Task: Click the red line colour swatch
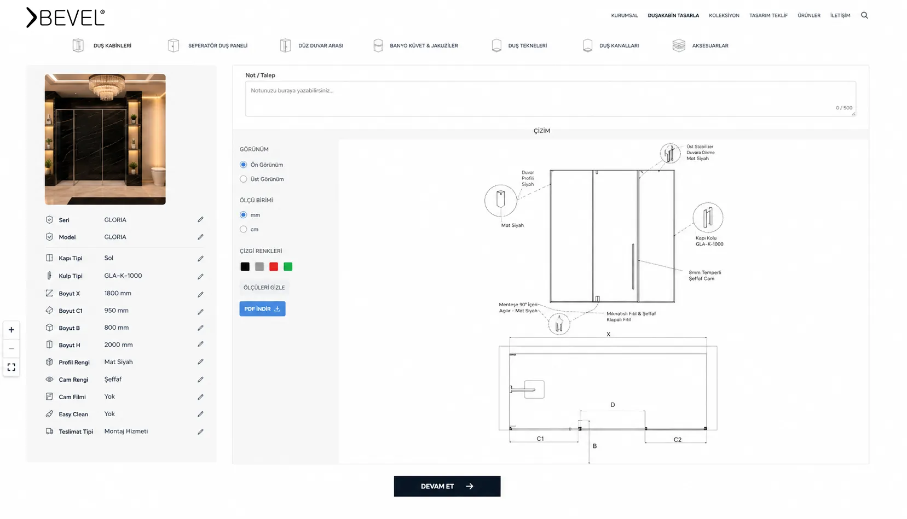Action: (x=274, y=266)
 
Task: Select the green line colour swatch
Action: (x=288, y=266)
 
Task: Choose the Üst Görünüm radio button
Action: (x=244, y=179)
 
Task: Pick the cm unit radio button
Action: (x=244, y=229)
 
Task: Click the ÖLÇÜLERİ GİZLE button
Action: (x=264, y=287)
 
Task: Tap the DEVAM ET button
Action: (x=447, y=486)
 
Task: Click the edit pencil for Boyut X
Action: (x=200, y=294)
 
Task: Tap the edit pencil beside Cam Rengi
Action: (x=200, y=380)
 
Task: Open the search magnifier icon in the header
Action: (x=864, y=15)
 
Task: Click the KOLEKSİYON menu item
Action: (x=724, y=15)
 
